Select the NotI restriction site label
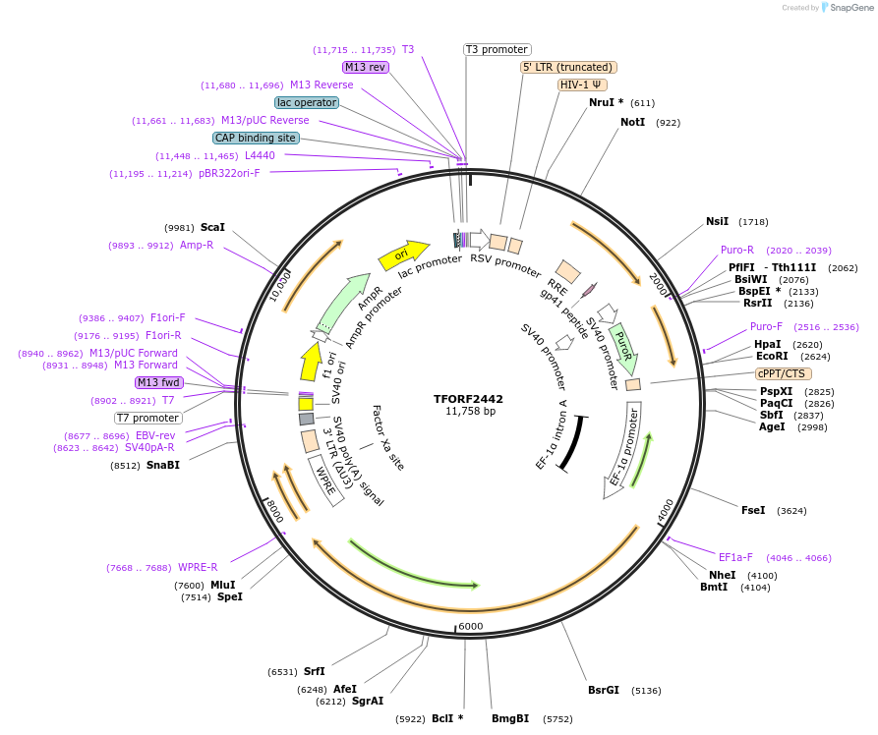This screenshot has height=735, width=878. (x=632, y=122)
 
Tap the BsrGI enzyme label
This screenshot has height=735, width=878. (x=603, y=690)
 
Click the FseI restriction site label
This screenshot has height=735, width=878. (x=753, y=510)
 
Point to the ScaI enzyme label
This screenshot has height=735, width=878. (x=212, y=227)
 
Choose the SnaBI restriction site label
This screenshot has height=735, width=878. (x=163, y=465)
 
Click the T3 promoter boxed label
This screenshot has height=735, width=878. (x=497, y=49)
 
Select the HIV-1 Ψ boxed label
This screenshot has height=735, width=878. (x=582, y=85)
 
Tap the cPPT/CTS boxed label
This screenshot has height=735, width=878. (x=783, y=373)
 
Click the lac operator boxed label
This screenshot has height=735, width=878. (x=307, y=102)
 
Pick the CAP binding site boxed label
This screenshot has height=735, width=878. (x=255, y=139)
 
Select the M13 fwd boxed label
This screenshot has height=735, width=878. (x=159, y=382)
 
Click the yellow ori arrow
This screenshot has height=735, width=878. (x=403, y=254)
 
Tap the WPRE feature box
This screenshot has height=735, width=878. (x=325, y=479)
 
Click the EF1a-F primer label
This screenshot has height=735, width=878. (x=735, y=557)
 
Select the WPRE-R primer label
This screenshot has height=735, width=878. (x=198, y=567)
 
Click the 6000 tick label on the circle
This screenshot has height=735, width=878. (x=471, y=626)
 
